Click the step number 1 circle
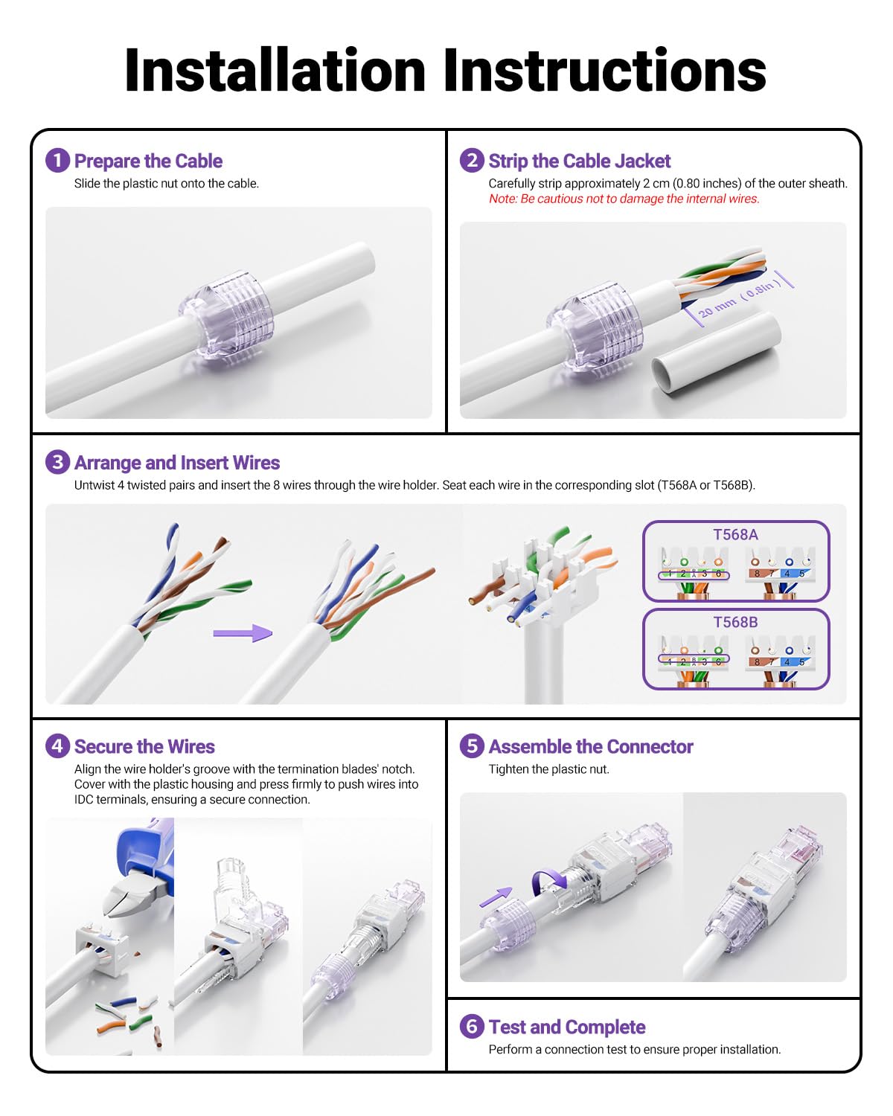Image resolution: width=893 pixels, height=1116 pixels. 57,161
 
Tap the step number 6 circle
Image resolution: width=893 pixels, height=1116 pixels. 472,1027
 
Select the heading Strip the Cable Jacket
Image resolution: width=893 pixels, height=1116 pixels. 579,161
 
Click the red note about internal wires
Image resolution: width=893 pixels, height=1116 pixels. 624,199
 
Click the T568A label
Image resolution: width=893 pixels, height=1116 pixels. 735,534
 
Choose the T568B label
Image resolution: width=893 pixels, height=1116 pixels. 735,622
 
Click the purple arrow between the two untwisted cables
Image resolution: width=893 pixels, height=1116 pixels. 243,633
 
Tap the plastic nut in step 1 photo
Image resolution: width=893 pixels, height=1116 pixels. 227,314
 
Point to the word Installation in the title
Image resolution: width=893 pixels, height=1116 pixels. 275,71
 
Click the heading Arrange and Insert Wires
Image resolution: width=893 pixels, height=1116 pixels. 177,463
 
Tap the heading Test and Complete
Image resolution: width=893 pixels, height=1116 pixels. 566,1027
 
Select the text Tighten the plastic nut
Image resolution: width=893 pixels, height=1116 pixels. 548,769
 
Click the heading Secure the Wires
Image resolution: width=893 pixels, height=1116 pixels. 144,746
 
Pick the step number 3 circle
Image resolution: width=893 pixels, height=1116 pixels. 57,462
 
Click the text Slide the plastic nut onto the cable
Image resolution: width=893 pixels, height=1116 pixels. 167,184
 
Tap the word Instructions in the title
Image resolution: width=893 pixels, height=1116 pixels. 604,71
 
